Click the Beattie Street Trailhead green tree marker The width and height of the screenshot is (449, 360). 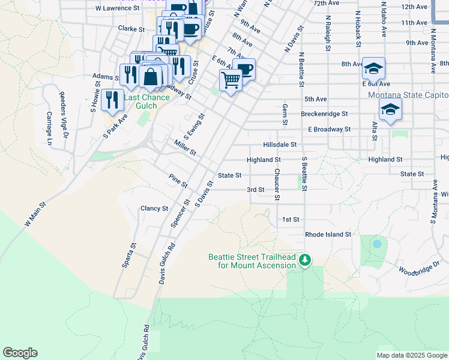point(306,260)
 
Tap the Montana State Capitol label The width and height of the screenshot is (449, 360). point(408,95)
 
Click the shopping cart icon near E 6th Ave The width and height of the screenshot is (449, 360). point(231,79)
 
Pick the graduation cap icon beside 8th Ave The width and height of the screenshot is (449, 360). point(373,70)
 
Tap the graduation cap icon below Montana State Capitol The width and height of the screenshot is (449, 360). point(390,110)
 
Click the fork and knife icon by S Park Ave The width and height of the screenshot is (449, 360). point(112,100)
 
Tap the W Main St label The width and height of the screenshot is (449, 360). point(35,215)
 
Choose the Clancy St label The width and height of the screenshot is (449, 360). point(154,208)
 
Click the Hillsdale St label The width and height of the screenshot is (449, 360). point(280,145)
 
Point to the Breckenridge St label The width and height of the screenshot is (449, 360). point(324,113)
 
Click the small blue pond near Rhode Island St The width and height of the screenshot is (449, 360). point(376,244)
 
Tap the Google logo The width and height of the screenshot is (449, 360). point(20,353)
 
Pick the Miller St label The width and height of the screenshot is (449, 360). point(185,148)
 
